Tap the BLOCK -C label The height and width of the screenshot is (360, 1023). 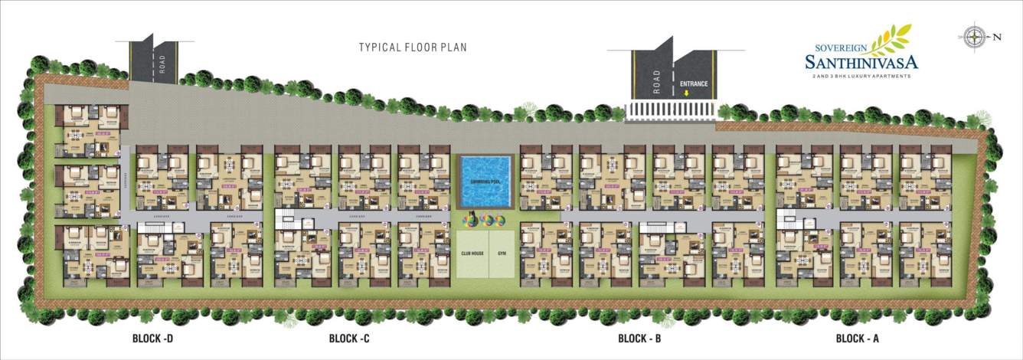pos(349,338)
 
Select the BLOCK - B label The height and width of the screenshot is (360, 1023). pos(639,338)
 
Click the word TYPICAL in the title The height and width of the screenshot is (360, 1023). pos(378,47)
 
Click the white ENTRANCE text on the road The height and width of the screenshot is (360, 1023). pos(694,83)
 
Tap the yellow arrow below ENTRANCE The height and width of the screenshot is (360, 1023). pos(687,93)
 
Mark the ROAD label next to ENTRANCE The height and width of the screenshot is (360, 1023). pos(655,82)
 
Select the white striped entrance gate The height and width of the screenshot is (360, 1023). pos(671,111)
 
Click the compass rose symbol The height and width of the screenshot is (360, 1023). pos(975,36)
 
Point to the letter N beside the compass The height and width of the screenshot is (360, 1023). pos(997,37)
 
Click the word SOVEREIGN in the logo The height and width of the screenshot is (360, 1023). pos(837,46)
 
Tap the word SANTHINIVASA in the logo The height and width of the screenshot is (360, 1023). pos(861,61)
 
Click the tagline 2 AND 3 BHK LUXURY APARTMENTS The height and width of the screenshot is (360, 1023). pos(861,77)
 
